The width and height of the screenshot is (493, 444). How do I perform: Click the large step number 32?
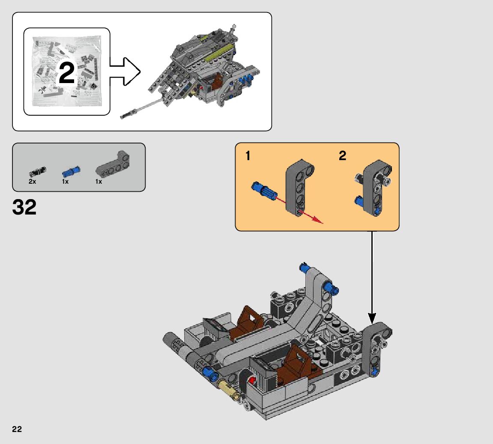24,207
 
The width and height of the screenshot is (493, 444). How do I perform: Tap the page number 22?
17,429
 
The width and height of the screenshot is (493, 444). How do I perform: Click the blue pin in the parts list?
69,172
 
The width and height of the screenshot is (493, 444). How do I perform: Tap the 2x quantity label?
33,182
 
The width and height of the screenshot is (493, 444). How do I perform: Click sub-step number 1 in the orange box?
248,156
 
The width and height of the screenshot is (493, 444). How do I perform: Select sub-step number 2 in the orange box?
342,156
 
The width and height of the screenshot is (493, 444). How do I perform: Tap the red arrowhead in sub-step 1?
317,220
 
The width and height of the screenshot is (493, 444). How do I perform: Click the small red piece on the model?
252,380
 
